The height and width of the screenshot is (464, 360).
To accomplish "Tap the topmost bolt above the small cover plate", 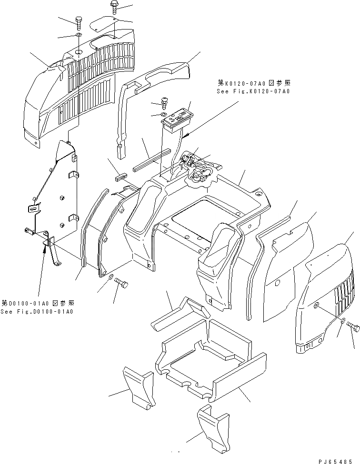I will [114, 7].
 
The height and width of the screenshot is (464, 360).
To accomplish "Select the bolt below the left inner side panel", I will [121, 284].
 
